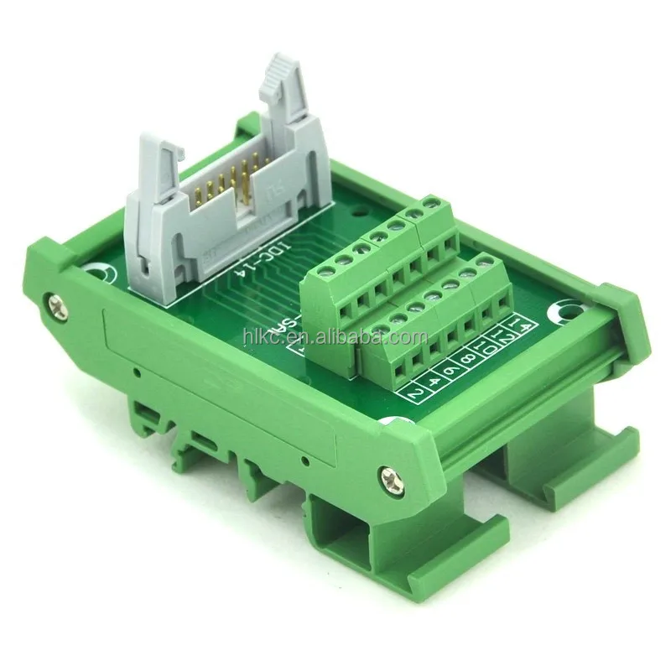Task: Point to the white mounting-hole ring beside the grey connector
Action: coord(99,273)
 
